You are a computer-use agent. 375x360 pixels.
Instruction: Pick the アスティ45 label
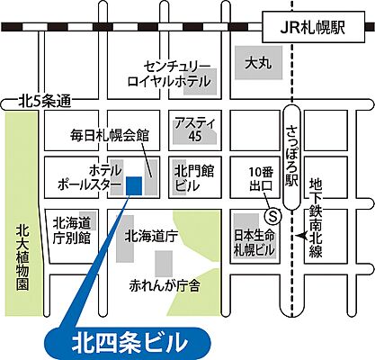pos(188,128)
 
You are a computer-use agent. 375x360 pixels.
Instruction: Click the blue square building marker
pos(134,184)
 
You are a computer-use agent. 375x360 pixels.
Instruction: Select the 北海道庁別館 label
pos(73,230)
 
